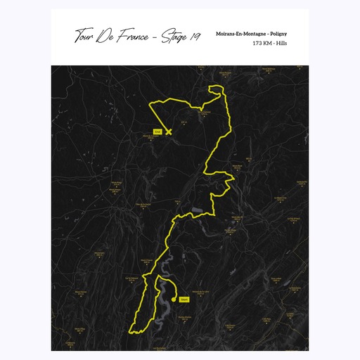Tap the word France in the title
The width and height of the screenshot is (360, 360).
click(x=134, y=37)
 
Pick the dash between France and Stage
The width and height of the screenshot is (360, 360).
click(x=155, y=37)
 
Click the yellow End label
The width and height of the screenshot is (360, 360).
click(x=157, y=131)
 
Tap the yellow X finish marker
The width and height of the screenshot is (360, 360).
click(x=169, y=131)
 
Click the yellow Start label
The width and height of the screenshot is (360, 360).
click(x=184, y=300)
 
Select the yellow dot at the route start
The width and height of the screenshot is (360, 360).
click(x=174, y=299)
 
